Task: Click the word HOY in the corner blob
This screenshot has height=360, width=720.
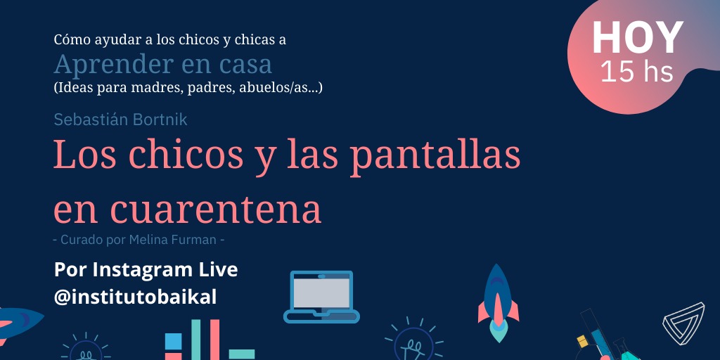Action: tap(637, 38)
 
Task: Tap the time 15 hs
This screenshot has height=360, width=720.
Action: tap(637, 72)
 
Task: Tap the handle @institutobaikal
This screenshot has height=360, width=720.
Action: tap(135, 297)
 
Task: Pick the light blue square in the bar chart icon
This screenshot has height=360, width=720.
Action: tap(173, 341)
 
